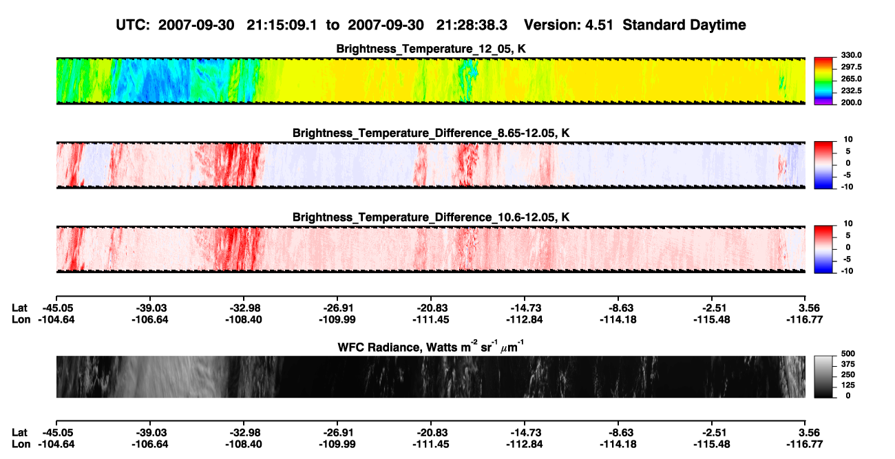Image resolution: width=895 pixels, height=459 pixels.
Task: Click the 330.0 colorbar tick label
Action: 851,55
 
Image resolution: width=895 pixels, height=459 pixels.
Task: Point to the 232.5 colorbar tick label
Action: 851,91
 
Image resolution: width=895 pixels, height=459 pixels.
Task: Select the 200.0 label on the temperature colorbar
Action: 851,103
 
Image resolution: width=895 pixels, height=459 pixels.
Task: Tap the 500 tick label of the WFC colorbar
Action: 848,354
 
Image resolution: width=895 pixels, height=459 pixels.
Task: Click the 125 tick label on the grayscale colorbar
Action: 848,385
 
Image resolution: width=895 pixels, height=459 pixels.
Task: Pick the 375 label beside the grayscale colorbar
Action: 848,364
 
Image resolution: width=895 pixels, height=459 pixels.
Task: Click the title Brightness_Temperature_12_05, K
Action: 431,49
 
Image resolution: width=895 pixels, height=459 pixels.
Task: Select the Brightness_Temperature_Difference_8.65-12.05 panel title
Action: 431,133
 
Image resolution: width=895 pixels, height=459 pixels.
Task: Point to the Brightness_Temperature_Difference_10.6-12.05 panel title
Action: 431,217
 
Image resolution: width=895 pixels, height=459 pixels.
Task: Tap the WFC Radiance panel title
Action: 431,347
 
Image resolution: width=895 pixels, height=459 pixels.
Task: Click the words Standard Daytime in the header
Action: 684,25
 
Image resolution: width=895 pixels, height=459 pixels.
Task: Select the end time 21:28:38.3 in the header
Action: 472,25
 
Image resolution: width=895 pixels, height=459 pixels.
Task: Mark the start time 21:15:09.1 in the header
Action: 282,25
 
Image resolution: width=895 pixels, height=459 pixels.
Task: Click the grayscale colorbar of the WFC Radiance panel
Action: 823,376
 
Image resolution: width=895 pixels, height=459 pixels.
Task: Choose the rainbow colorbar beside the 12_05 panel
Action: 823,81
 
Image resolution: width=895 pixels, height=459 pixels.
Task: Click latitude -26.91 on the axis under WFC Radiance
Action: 337,433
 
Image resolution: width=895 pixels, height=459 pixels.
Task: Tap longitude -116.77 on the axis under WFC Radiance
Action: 805,445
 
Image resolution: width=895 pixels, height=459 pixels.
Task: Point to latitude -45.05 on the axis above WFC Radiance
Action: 56,308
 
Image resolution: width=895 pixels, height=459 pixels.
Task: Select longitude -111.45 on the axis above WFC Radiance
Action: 431,319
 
